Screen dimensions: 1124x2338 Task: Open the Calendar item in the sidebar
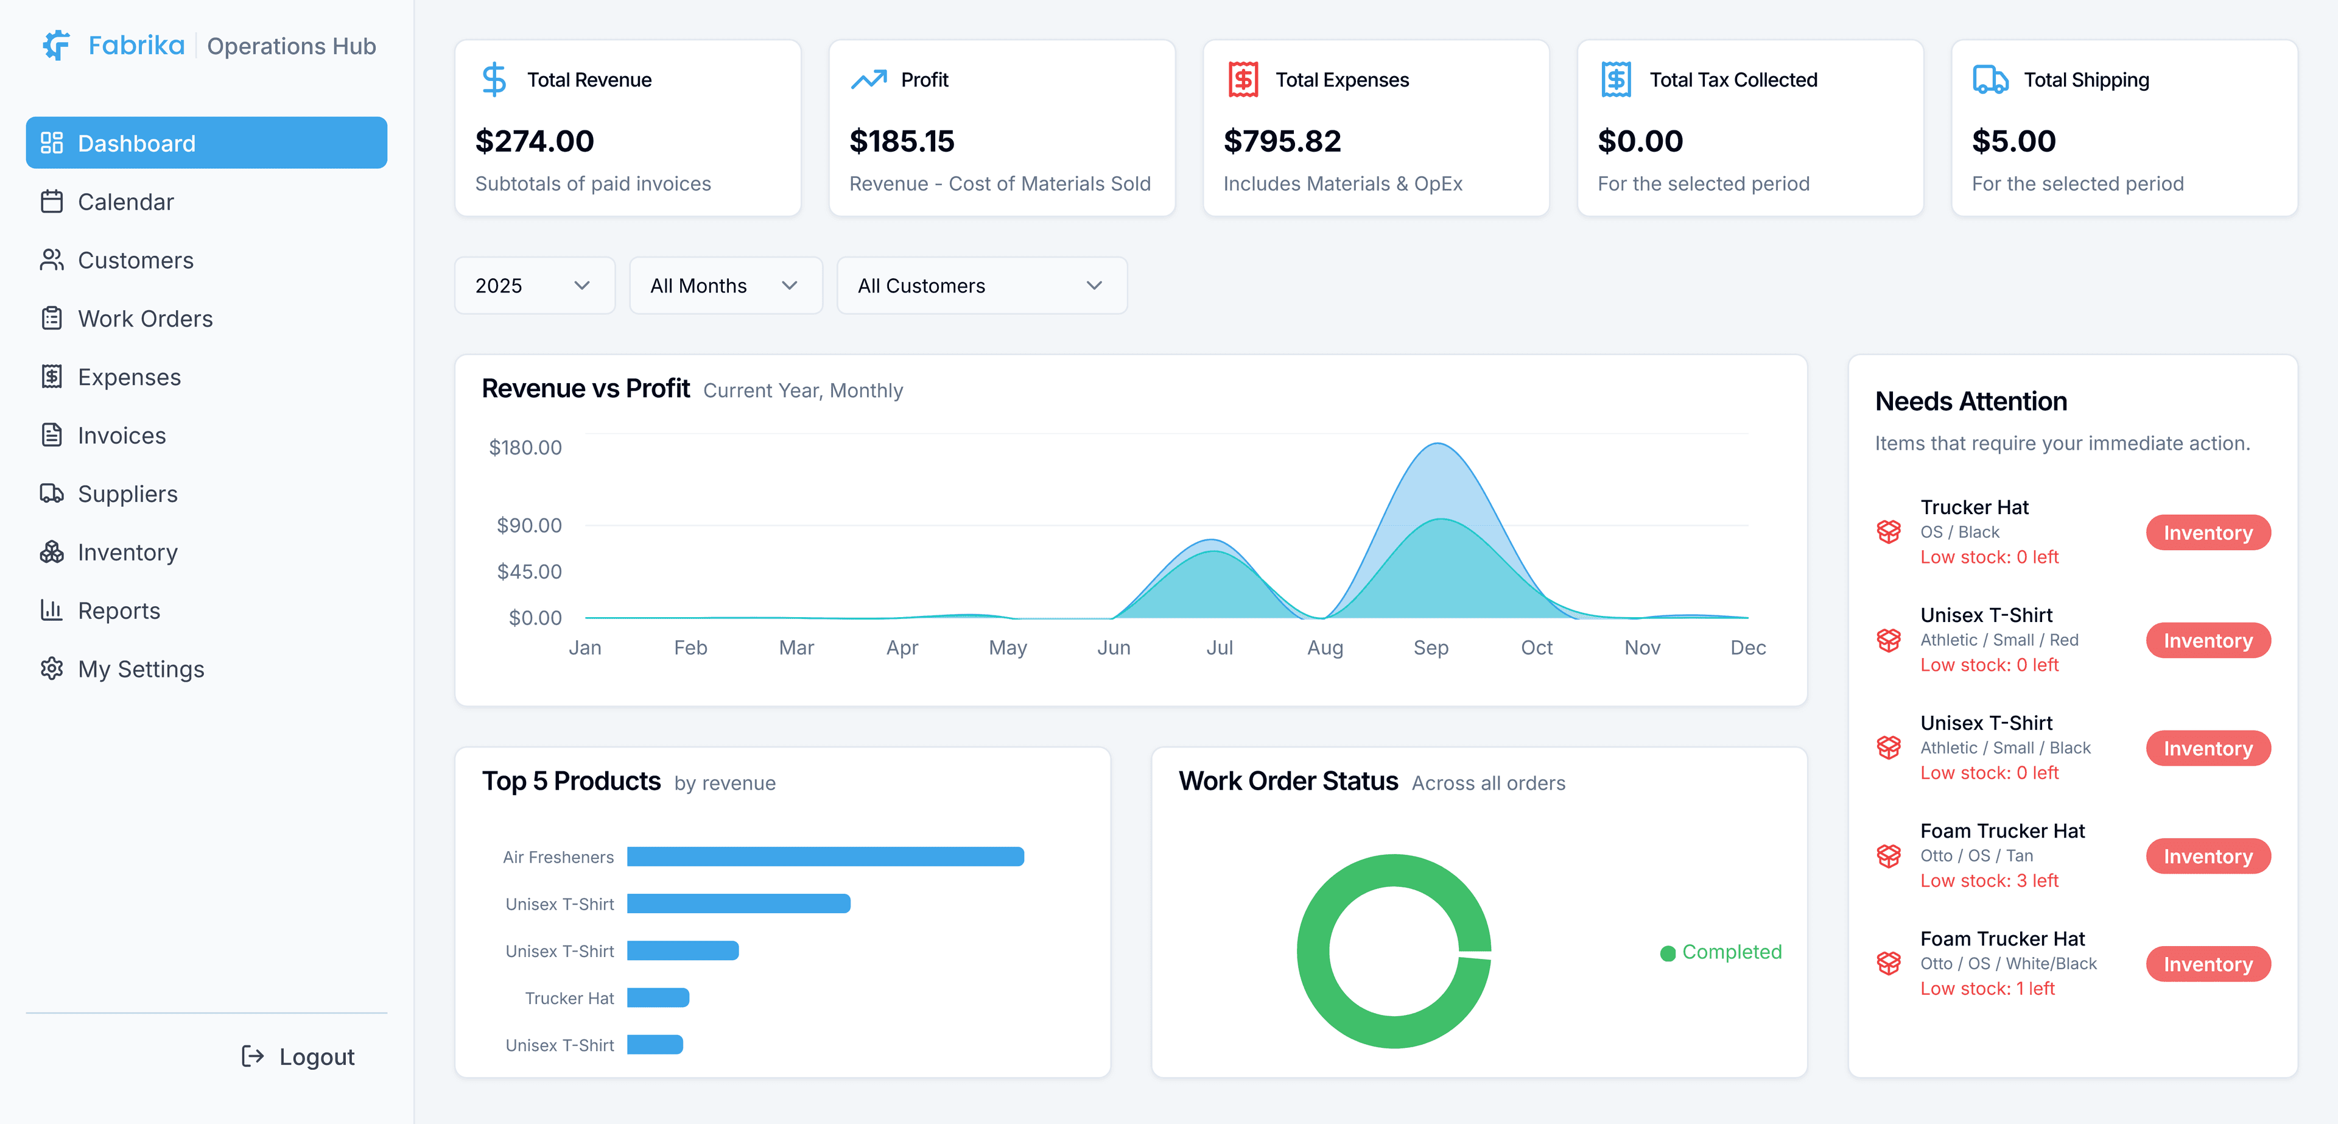125,202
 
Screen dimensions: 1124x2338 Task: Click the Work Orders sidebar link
146,319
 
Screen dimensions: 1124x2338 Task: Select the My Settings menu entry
141,669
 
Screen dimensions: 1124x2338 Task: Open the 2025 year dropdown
534,285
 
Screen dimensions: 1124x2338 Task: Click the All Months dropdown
725,285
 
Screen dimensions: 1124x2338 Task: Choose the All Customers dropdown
980,285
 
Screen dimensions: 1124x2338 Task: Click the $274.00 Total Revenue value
535,141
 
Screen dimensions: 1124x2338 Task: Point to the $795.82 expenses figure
1282,141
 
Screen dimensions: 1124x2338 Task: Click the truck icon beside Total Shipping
1990,80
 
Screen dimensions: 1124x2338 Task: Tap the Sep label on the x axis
1430,648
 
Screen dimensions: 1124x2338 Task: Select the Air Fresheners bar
825,856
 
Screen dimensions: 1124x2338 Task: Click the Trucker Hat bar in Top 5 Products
658,998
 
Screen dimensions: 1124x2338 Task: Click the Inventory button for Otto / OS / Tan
2207,856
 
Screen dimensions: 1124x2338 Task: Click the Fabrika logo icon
56,46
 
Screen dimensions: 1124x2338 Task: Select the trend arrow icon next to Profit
869,80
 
